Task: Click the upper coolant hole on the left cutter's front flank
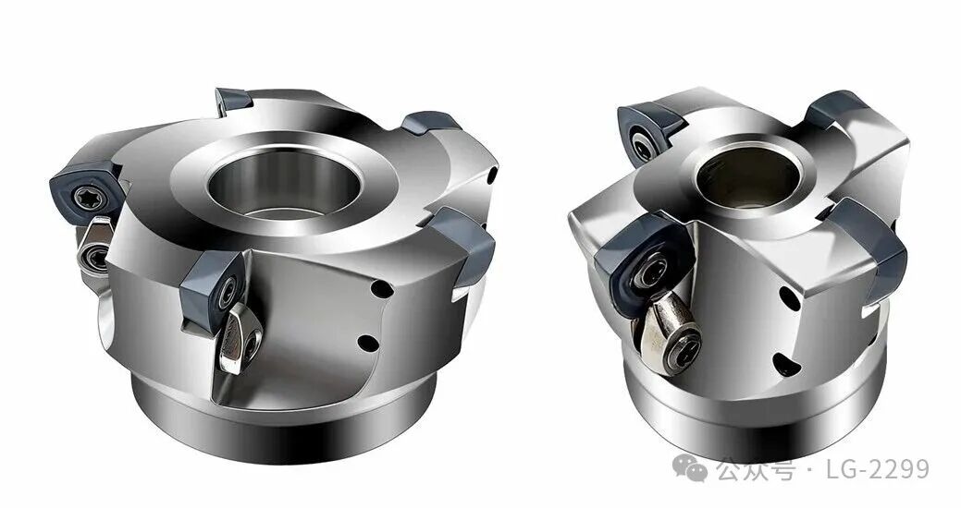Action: [382, 288]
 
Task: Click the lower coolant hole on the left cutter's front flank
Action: [368, 343]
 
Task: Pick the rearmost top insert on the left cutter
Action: [234, 100]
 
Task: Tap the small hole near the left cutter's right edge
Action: [493, 175]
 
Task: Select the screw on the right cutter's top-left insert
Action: [642, 146]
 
